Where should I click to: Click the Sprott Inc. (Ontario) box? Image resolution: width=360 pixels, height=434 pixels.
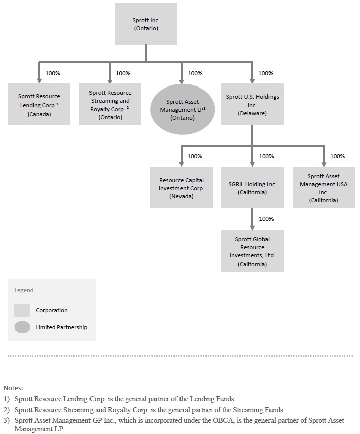[146, 24]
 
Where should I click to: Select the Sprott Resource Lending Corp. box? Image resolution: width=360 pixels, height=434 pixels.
[39, 104]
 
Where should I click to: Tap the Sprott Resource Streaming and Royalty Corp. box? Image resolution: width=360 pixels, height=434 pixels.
[110, 104]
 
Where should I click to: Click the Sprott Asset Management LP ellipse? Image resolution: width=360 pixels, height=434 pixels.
[183, 109]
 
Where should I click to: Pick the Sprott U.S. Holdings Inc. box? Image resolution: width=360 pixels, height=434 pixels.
[252, 104]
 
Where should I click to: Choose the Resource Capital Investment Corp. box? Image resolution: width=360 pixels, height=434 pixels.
[182, 188]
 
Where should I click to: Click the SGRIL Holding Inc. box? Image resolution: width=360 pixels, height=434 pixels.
[252, 188]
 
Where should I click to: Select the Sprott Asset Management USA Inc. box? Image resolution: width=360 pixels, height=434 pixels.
[324, 188]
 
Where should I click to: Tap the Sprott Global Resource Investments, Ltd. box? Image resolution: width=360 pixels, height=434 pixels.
[252, 251]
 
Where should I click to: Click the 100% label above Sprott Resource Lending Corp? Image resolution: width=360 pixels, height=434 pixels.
[53, 73]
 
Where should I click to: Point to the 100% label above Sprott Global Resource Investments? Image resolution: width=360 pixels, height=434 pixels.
[266, 219]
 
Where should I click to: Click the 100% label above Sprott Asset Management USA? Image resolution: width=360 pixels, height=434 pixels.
[337, 156]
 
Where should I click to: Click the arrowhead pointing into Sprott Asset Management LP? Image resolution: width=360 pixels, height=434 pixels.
[181, 81]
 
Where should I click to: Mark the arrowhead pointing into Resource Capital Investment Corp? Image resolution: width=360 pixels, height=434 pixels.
[181, 164]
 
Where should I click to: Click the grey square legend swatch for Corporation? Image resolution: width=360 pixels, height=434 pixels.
[22, 310]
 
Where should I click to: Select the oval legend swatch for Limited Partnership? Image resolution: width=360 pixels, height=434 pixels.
[22, 327]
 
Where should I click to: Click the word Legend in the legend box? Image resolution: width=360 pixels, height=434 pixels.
[24, 290]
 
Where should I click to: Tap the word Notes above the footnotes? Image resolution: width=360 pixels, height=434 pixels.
[13, 388]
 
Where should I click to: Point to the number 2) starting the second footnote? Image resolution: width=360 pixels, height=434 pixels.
[7, 410]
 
